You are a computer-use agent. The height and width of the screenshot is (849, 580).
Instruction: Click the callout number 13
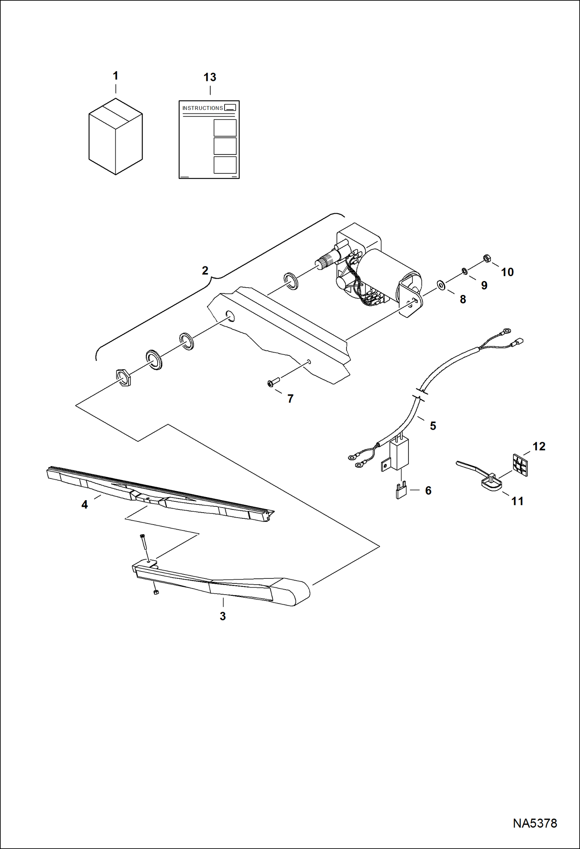210,77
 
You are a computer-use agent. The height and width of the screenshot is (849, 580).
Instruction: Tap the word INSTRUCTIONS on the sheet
202,108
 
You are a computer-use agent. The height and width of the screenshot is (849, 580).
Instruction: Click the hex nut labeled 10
487,258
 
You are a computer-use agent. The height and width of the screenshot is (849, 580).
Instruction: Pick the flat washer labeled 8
441,285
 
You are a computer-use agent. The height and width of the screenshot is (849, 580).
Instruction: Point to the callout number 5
433,426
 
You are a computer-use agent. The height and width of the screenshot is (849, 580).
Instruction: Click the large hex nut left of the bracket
124,378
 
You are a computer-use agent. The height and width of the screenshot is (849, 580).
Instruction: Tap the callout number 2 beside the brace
205,270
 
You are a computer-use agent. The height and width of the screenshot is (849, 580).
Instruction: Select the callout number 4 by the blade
84,504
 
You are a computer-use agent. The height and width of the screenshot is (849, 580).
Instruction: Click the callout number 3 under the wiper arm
223,616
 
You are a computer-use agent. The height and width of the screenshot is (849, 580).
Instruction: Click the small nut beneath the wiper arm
156,592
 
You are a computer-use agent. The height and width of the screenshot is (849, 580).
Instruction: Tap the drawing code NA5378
535,823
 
